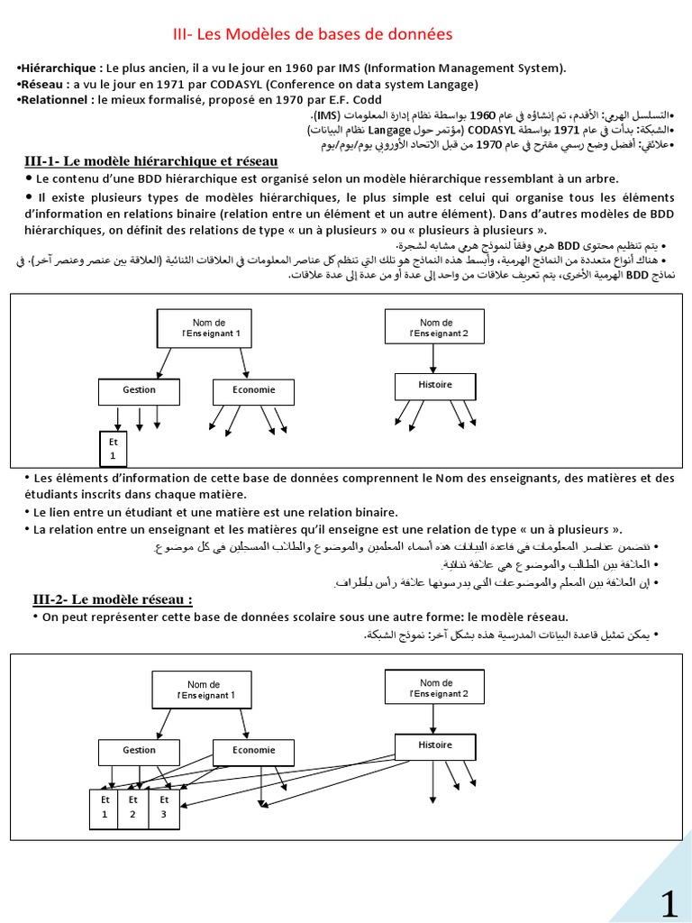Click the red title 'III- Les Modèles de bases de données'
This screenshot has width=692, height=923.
click(312, 34)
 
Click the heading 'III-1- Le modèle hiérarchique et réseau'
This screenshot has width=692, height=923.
click(150, 161)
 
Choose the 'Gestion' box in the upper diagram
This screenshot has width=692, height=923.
click(139, 390)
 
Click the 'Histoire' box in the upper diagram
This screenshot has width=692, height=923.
click(434, 386)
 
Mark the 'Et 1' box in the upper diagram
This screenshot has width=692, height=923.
click(114, 450)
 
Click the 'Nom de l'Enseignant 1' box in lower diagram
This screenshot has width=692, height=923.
click(210, 690)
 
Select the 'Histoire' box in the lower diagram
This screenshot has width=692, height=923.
click(435, 746)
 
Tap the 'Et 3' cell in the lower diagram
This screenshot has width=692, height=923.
click(163, 807)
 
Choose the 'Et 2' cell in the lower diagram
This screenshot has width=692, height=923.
click(132, 807)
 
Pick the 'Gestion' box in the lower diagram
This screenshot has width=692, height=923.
click(139, 751)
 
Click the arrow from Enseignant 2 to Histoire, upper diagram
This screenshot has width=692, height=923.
click(434, 358)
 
